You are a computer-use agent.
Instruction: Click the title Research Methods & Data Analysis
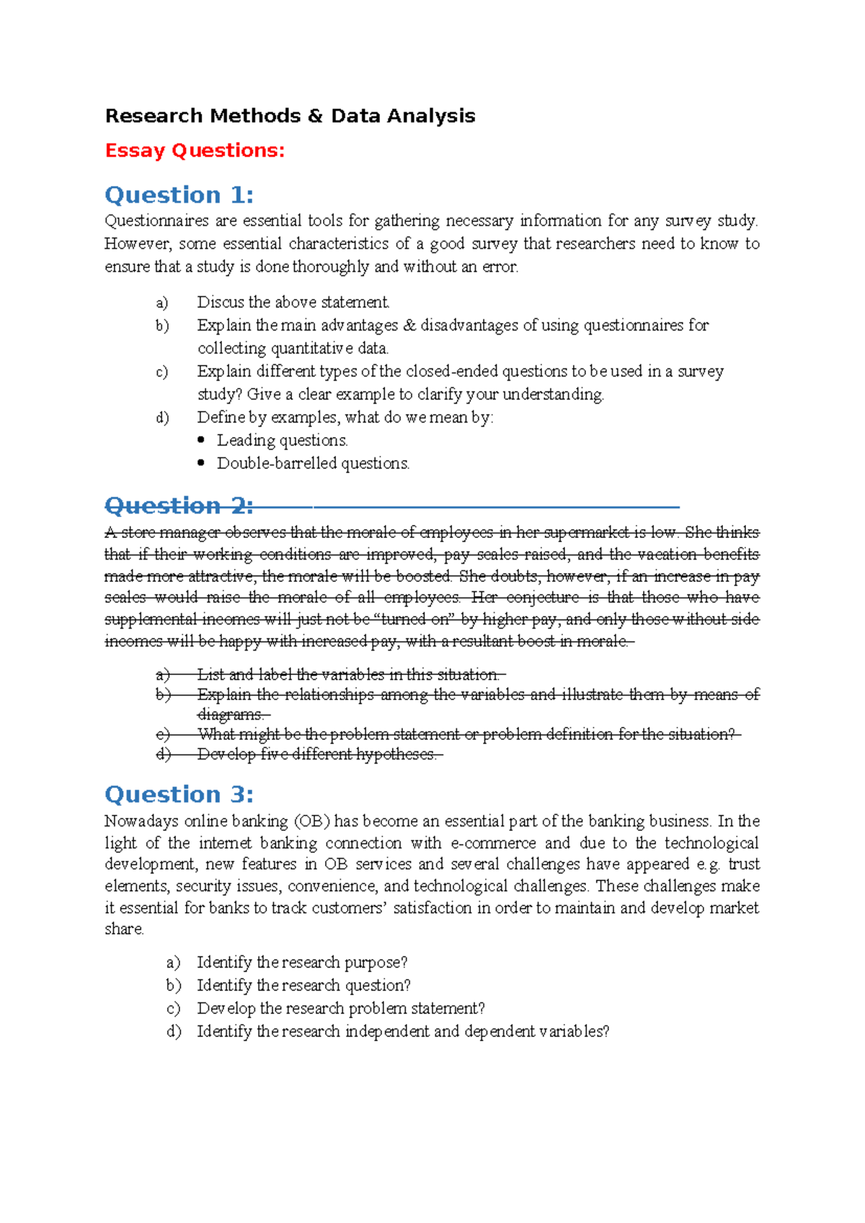coord(290,116)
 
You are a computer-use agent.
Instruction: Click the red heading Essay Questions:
coord(195,151)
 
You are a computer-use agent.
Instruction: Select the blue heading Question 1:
coord(179,195)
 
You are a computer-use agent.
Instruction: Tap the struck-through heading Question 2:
coord(179,505)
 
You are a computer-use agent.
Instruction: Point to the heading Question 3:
coord(179,795)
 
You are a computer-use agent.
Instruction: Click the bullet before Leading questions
coord(202,440)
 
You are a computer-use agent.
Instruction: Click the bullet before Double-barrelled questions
coord(202,463)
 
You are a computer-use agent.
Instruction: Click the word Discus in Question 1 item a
coord(221,302)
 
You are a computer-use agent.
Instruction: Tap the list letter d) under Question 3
coord(174,1032)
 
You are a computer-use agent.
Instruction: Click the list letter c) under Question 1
coord(162,371)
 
